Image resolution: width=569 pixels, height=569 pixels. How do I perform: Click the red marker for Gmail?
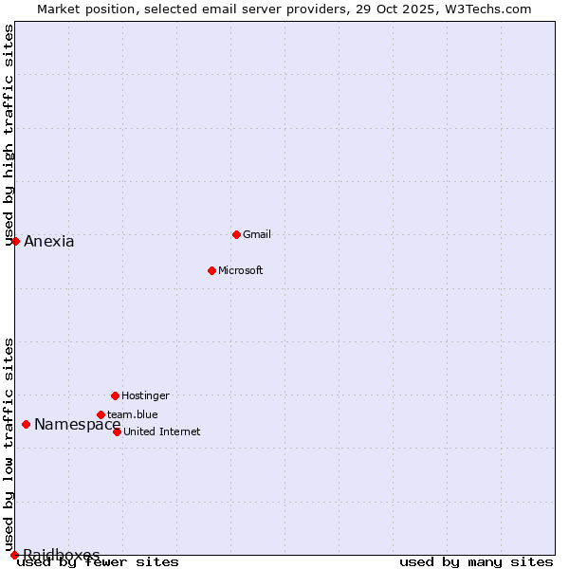pos(236,234)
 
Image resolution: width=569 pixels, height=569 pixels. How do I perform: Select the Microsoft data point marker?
pos(211,270)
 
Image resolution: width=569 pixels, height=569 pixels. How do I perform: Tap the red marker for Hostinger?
pos(115,395)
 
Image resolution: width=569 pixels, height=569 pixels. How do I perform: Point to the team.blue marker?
pos(101,414)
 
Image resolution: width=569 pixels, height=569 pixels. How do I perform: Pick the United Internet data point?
pos(117,431)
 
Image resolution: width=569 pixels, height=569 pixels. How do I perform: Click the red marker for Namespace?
pos(26,424)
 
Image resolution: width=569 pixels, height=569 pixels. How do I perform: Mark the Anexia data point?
pos(15,241)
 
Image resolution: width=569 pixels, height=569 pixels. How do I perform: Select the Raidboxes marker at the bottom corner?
pos(14,555)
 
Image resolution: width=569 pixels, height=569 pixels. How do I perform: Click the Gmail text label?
pos(257,234)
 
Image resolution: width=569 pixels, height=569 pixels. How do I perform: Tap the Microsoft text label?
pos(241,270)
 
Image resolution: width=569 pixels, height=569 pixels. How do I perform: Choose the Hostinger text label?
pos(145,395)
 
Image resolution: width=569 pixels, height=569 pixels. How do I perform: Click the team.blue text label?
pos(133,414)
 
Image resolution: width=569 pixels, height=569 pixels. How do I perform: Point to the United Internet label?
pos(162,431)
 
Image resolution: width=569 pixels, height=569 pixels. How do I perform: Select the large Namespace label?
pos(78,424)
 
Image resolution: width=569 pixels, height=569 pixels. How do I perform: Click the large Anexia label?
pos(49,241)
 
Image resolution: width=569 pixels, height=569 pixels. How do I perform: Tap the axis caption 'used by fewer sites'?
pos(99,561)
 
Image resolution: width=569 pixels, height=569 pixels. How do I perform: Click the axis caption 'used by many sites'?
pos(476,561)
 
